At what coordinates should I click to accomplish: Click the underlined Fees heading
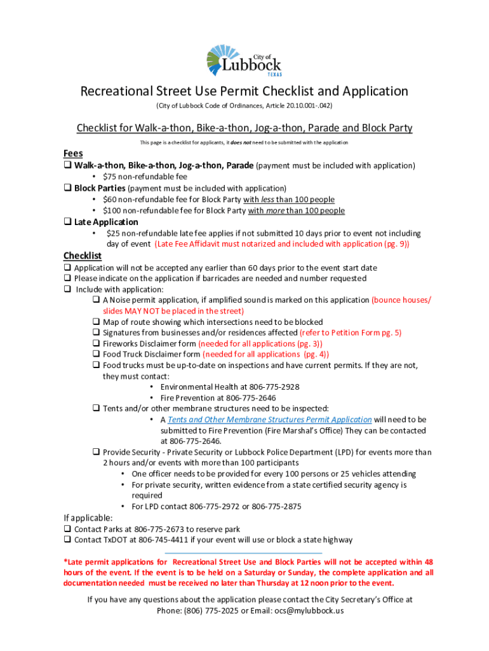pyautogui.click(x=73, y=154)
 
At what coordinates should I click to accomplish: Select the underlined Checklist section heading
pyautogui.click(x=82, y=256)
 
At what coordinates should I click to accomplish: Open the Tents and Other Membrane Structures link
pyautogui.click(x=270, y=420)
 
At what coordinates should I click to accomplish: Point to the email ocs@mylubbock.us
pyautogui.click(x=309, y=610)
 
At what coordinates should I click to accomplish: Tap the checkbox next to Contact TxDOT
pyautogui.click(x=67, y=540)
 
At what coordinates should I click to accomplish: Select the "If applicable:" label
pyautogui.click(x=88, y=517)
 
